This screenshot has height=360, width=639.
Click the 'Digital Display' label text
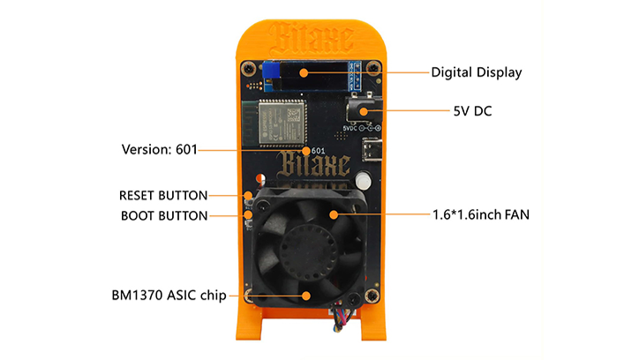click(476, 71)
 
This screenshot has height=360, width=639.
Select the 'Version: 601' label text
click(160, 149)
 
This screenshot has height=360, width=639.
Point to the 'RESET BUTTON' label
click(163, 195)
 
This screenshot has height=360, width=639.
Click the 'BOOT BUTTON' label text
click(163, 214)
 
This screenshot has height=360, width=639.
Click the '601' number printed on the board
click(319, 150)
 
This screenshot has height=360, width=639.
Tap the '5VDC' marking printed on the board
click(354, 130)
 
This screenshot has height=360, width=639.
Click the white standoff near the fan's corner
click(363, 183)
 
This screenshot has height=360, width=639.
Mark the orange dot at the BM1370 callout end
click(306, 296)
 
